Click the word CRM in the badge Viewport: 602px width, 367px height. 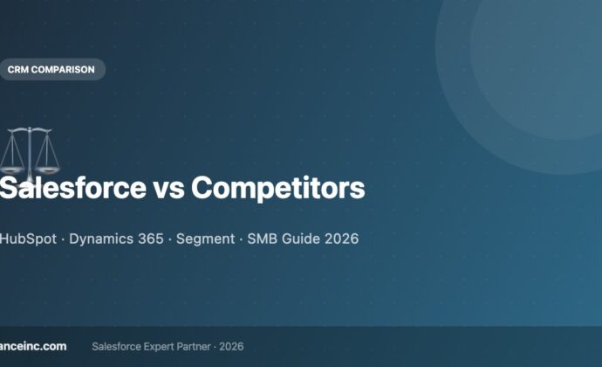click(18, 69)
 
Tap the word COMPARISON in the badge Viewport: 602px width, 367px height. click(63, 69)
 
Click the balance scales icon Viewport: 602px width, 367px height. click(25, 150)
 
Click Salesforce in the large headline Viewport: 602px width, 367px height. click(71, 188)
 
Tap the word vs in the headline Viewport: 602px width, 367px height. click(168, 188)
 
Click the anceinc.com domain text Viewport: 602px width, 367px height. click(33, 346)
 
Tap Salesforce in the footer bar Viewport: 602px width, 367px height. click(118, 346)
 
